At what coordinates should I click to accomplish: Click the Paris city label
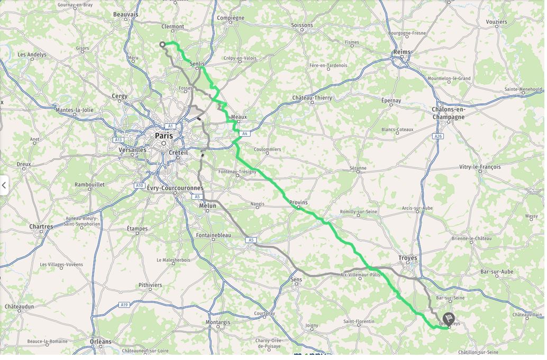(x=163, y=136)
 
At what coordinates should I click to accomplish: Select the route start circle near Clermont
(x=162, y=44)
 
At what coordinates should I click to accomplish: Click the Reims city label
(x=402, y=52)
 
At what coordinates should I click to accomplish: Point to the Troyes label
(x=407, y=258)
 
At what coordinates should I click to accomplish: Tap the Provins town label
(x=298, y=202)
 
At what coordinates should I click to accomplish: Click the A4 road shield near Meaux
(x=244, y=134)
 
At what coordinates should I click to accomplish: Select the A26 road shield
(x=437, y=136)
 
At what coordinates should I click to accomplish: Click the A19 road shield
(x=124, y=304)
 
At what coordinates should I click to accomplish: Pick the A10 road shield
(x=140, y=186)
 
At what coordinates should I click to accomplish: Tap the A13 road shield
(x=118, y=140)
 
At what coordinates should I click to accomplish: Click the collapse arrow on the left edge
(x=4, y=185)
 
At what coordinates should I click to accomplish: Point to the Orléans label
(x=101, y=341)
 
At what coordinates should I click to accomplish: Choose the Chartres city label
(x=41, y=227)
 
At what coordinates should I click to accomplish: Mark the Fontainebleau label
(x=213, y=235)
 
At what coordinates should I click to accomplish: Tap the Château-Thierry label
(x=312, y=98)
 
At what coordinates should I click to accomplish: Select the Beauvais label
(x=125, y=14)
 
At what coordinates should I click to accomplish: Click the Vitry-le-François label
(x=480, y=167)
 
